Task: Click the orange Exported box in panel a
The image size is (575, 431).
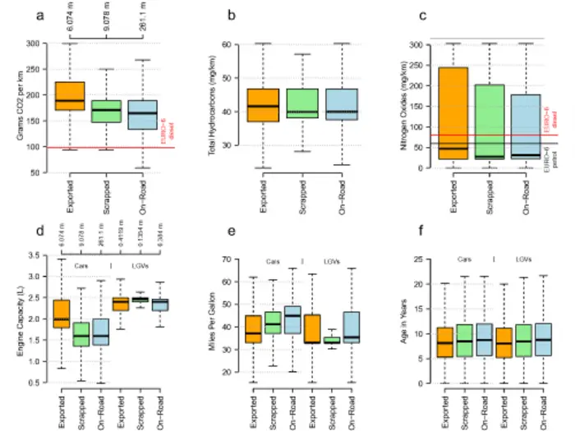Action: (70, 96)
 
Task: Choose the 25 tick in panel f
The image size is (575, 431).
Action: (416, 259)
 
